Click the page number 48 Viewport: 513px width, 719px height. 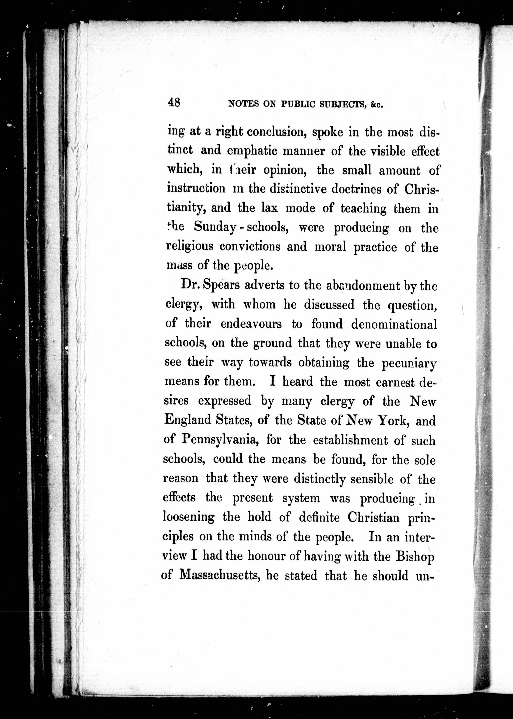174,103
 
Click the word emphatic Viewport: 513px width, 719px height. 252,151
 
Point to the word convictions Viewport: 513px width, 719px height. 250,246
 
